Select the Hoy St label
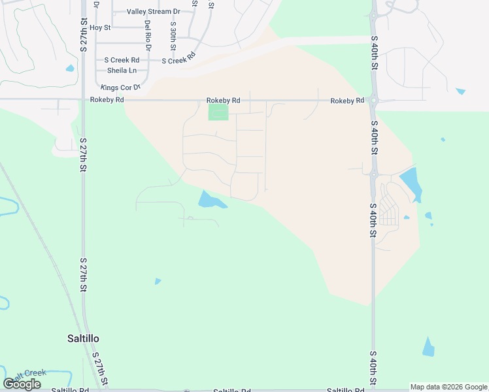pos(100,27)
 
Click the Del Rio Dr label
pos(148,35)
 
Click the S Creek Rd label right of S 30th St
pos(178,60)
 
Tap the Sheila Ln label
pos(122,71)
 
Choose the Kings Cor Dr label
pos(120,87)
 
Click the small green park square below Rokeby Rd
pos(218,112)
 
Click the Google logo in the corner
pos(22,384)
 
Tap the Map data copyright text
pos(448,387)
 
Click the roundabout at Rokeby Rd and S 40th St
pos(374,101)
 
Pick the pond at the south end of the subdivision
pos(211,200)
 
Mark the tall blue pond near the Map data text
pos(428,347)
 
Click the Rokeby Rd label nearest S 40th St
pos(346,101)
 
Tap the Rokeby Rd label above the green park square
pos(223,101)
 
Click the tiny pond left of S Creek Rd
pos(69,68)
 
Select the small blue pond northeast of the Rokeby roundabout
pos(461,91)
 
